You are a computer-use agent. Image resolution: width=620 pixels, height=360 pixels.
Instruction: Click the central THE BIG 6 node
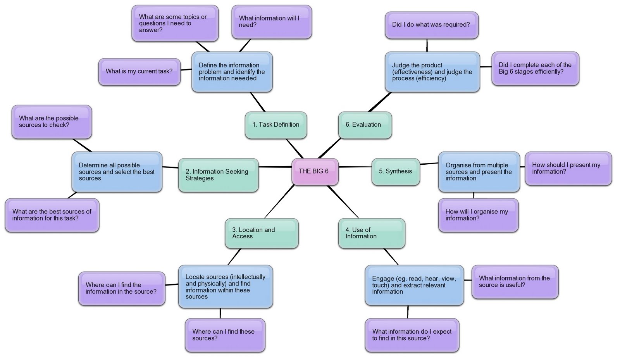coord(315,171)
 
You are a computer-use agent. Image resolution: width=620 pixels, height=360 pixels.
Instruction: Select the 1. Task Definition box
coord(276,125)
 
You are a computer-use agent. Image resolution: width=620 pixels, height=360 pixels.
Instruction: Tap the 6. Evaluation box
coord(365,125)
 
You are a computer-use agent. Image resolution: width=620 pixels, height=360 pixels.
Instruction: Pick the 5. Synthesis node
coord(395,171)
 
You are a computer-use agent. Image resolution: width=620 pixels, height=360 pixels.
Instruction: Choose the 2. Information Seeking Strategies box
coord(218,175)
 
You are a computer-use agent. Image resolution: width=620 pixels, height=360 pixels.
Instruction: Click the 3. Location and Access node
coord(262,233)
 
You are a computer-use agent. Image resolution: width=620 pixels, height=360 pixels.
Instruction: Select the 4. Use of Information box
coord(371,233)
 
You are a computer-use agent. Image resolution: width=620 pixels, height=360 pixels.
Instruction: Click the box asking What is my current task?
coord(139,72)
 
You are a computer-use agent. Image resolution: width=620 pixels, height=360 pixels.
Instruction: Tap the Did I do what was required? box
coord(431,25)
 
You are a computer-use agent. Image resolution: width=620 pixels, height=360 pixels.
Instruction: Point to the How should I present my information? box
coord(568,168)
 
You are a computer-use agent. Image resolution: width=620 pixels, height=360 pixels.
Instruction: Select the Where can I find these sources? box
coord(225,335)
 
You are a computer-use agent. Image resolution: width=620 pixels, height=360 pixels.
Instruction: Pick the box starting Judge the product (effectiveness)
coord(432,72)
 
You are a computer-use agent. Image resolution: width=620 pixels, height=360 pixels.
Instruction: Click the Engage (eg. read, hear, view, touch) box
coord(414,285)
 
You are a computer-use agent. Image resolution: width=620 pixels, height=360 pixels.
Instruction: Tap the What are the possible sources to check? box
coord(52,122)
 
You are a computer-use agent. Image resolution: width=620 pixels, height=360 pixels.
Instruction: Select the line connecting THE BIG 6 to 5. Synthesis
coord(355,167)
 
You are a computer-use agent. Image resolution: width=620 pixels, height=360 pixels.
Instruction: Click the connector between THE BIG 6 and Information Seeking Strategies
coord(275,167)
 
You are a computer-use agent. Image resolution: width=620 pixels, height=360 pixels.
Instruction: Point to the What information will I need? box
coord(271,22)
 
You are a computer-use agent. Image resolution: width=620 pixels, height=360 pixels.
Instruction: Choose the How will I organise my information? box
coord(478,215)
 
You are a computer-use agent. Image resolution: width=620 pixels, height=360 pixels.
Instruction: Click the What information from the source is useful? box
coord(515,282)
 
